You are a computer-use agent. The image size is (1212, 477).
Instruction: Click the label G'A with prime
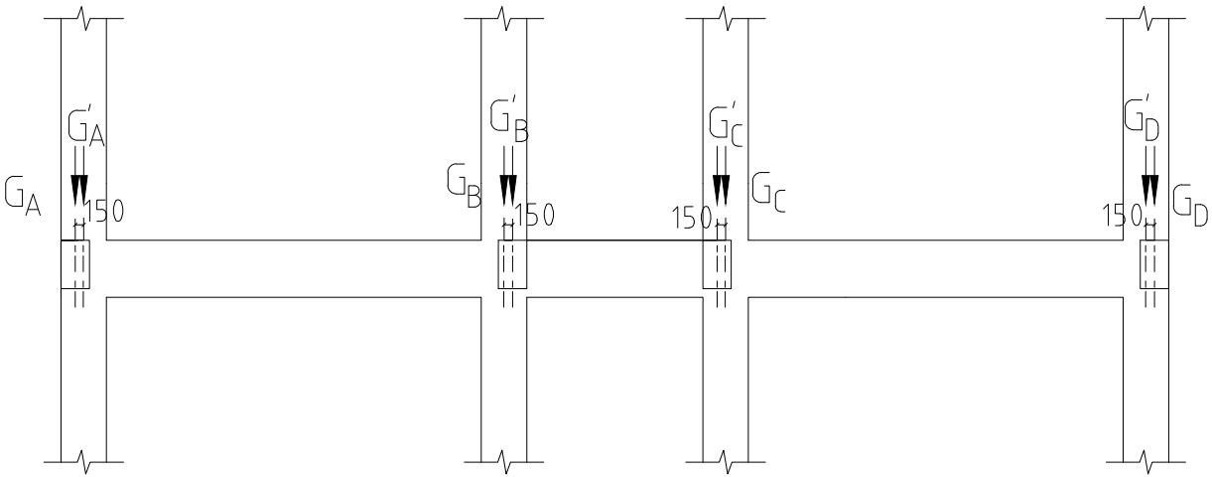point(86,129)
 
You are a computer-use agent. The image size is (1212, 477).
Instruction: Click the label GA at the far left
point(22,197)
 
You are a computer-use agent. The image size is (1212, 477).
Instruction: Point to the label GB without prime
point(464,186)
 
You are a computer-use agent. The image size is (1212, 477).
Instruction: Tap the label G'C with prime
point(726,125)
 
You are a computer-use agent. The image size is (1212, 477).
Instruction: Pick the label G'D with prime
point(1142,119)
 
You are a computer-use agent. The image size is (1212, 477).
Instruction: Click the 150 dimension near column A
point(104,211)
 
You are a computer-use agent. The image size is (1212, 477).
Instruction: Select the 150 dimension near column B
point(534,215)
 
